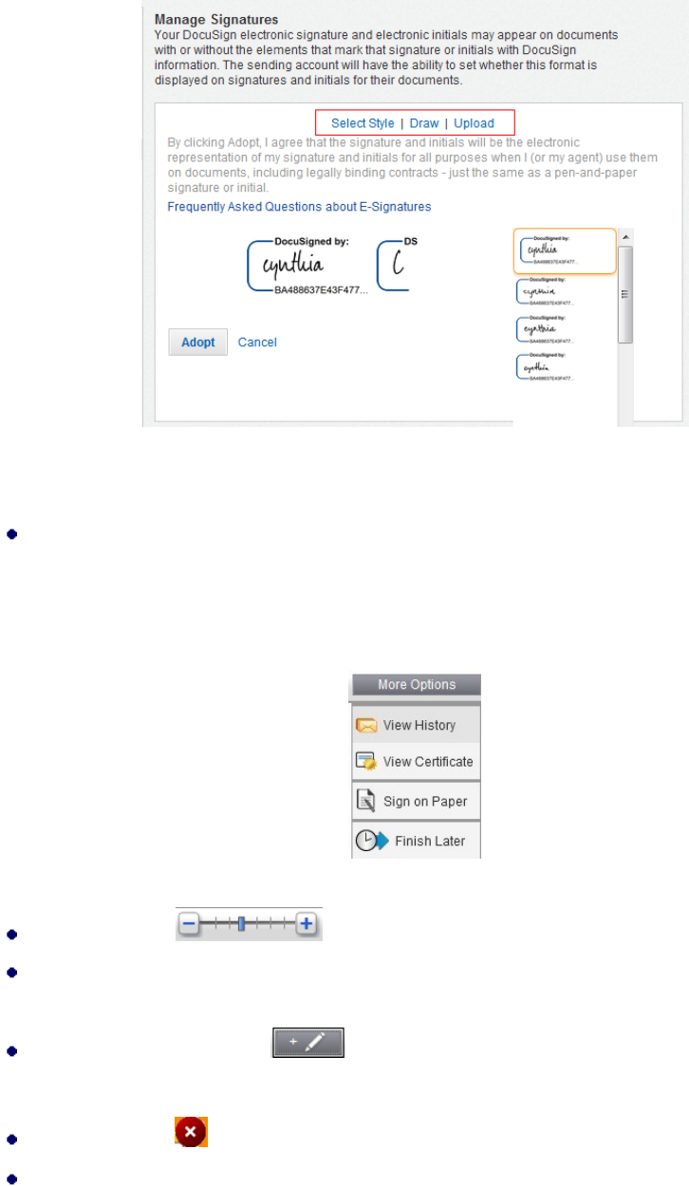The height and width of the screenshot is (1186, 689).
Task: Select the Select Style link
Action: (363, 123)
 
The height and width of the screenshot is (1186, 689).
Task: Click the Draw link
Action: (424, 123)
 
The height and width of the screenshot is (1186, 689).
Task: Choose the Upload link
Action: (474, 123)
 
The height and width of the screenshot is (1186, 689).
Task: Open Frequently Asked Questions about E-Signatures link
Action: (299, 206)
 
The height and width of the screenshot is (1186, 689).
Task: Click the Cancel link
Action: (257, 343)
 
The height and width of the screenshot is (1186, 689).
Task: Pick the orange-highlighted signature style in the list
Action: (564, 251)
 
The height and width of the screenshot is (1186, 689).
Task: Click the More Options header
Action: (417, 685)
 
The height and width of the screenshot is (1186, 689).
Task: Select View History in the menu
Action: (417, 725)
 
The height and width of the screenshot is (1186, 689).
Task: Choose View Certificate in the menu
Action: (417, 761)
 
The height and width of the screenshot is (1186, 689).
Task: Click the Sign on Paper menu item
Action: (417, 802)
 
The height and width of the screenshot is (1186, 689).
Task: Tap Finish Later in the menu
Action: (417, 841)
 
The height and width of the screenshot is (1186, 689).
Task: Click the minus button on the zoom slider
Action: (190, 924)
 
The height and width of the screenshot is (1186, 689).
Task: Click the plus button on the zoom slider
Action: (306, 924)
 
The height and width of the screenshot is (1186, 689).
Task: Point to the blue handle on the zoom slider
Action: (242, 924)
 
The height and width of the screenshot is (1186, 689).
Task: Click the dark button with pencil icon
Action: (308, 1041)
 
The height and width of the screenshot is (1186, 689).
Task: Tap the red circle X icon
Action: (190, 1132)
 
